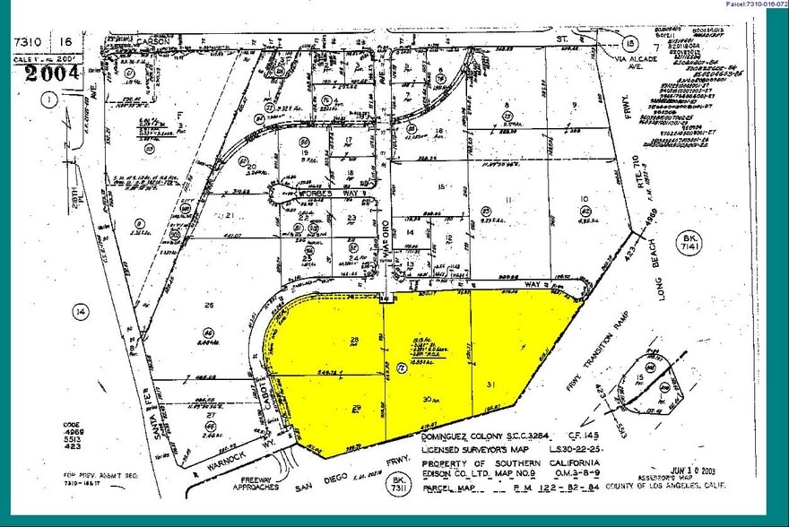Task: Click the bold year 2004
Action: pos(52,73)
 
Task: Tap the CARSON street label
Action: pos(152,40)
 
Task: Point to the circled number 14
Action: pos(82,312)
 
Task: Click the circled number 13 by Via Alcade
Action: pos(630,43)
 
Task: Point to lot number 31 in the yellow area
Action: pos(490,384)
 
